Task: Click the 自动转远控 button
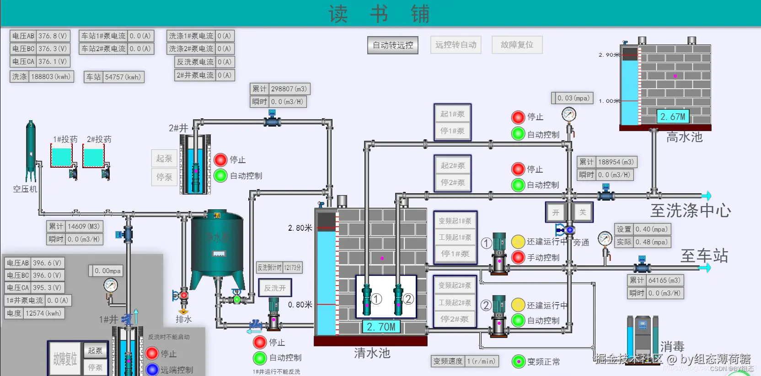click(393, 45)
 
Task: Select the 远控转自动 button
click(456, 45)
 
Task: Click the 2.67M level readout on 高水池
click(673, 117)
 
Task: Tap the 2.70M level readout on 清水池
click(380, 327)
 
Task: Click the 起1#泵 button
click(452, 114)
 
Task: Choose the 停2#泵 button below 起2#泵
click(452, 182)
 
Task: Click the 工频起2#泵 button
click(455, 302)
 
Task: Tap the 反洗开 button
click(274, 288)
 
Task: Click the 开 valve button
click(556, 212)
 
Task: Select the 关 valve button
click(582, 212)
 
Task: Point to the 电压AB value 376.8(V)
click(53, 36)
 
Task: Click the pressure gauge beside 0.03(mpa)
click(569, 114)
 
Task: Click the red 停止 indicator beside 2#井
click(220, 159)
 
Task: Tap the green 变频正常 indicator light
click(518, 361)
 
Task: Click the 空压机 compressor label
click(25, 189)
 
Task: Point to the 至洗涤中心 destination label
click(690, 211)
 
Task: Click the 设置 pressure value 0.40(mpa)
click(651, 229)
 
